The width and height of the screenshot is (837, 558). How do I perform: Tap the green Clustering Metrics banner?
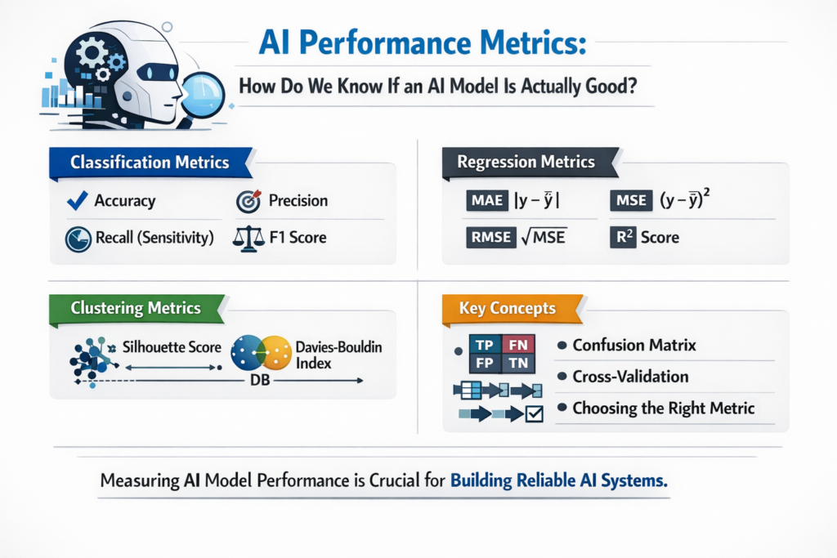click(136, 308)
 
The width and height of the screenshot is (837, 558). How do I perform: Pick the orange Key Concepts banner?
click(507, 308)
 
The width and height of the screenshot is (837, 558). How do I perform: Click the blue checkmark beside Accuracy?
click(76, 200)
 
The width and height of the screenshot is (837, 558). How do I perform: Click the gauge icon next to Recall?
click(77, 239)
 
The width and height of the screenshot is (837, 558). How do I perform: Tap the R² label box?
click(624, 238)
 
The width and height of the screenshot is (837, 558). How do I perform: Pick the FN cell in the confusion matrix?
click(517, 344)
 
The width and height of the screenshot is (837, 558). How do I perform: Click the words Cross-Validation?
click(630, 377)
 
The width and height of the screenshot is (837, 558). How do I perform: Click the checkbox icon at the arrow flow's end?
click(535, 414)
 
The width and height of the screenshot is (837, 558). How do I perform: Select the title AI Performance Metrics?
click(423, 42)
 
